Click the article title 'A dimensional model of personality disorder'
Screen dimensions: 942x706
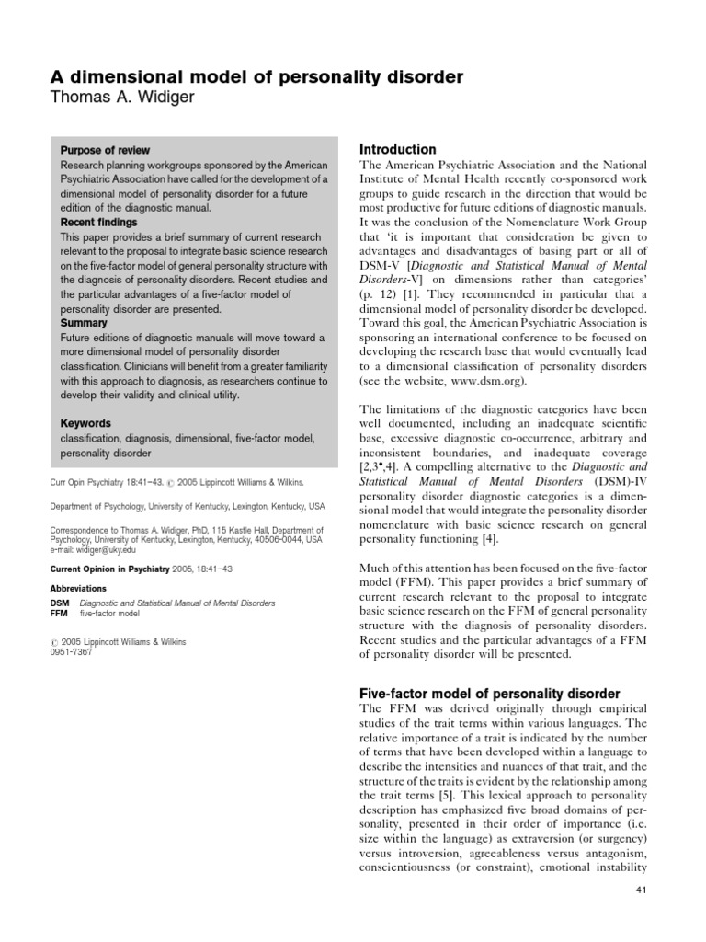click(x=253, y=77)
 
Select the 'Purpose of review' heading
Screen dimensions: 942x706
click(x=105, y=150)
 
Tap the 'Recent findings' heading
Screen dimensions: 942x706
click(x=99, y=223)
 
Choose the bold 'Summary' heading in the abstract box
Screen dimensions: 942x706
click(x=84, y=323)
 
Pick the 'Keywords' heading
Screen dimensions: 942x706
click(x=85, y=423)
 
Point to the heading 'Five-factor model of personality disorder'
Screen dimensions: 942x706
click(x=488, y=693)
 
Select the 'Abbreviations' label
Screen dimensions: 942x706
click(x=78, y=588)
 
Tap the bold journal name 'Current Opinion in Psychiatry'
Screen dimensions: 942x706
click(x=108, y=569)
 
